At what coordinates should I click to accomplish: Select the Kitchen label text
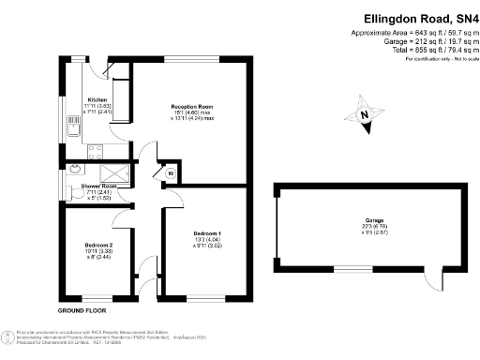pos(97,99)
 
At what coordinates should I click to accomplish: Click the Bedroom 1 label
pos(207,232)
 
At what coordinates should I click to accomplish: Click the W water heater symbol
pos(171,173)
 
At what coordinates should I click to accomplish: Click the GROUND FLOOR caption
pos(82,309)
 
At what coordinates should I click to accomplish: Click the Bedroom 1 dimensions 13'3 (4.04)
pos(207,240)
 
